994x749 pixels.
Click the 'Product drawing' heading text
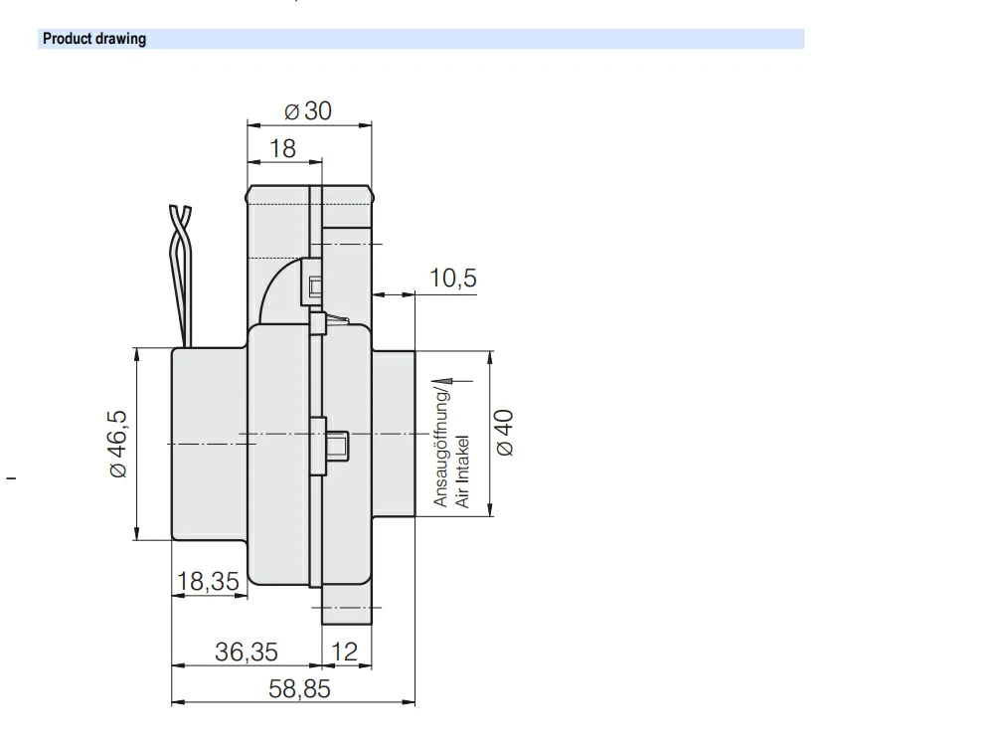tap(93, 40)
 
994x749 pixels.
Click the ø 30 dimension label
tap(308, 110)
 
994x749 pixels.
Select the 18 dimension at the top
tap(283, 149)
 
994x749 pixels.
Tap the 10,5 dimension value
tap(452, 279)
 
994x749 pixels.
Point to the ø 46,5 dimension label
tap(118, 441)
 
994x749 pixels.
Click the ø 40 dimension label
tap(504, 433)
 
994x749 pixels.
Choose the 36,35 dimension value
tap(247, 653)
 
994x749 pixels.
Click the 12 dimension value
tap(343, 653)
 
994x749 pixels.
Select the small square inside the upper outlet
tap(316, 288)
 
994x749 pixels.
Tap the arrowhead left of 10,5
tap(379, 293)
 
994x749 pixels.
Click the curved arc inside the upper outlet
tap(279, 288)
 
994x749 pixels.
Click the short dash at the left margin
tap(12, 480)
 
